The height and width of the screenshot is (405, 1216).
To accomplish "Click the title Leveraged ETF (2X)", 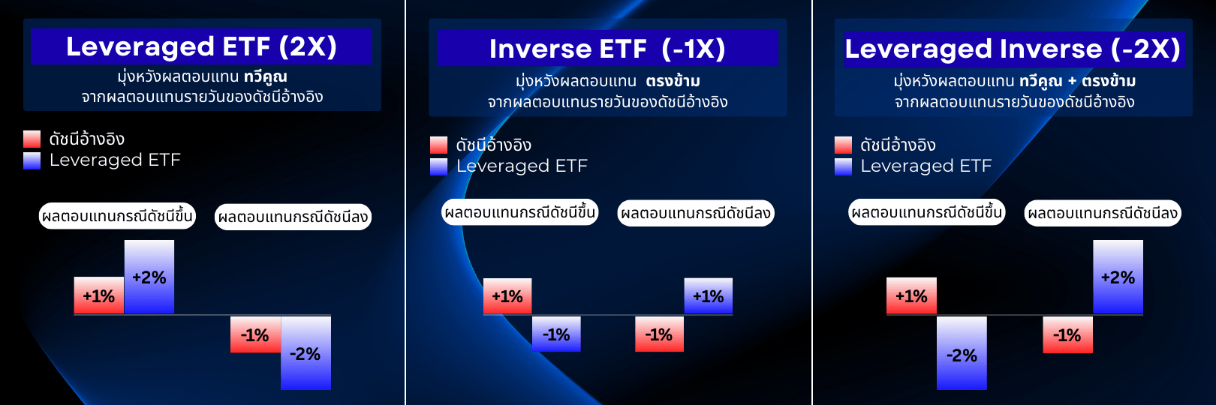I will click(201, 46).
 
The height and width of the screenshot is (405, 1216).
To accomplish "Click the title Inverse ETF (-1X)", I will click(607, 49).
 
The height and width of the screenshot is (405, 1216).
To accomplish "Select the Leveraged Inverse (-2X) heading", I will click(1013, 49).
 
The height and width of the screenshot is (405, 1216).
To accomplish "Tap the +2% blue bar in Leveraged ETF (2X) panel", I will click(149, 277).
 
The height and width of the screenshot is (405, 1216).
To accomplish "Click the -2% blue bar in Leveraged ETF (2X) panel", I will click(306, 353).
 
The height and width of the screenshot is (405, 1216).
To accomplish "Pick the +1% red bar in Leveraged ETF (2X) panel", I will click(99, 295).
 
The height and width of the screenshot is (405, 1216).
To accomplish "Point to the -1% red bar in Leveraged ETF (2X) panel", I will click(255, 334).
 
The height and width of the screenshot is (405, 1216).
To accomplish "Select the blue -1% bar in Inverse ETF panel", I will click(556, 334).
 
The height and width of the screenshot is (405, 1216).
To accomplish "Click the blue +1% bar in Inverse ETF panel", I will click(708, 296).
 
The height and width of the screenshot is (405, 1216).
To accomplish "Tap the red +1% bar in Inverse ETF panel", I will click(507, 296).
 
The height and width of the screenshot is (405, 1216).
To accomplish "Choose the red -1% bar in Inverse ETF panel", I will click(659, 334).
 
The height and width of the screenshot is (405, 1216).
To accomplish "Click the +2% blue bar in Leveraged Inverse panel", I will click(1118, 277).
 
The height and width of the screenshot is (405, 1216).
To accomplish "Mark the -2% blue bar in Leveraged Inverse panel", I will click(962, 354).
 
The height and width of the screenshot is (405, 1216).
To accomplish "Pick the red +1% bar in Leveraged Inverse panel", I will click(911, 296).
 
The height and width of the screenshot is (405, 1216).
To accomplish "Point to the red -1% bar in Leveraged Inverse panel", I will click(1067, 334).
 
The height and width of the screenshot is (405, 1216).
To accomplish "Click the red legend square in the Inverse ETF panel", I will click(439, 145).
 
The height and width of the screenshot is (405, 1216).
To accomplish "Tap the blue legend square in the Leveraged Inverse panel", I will click(844, 166).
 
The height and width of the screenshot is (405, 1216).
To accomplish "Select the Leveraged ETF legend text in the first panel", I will click(115, 160).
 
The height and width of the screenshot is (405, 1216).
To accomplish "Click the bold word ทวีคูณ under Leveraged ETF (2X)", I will click(266, 76).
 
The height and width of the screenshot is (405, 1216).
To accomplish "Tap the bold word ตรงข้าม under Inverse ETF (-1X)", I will click(673, 81).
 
